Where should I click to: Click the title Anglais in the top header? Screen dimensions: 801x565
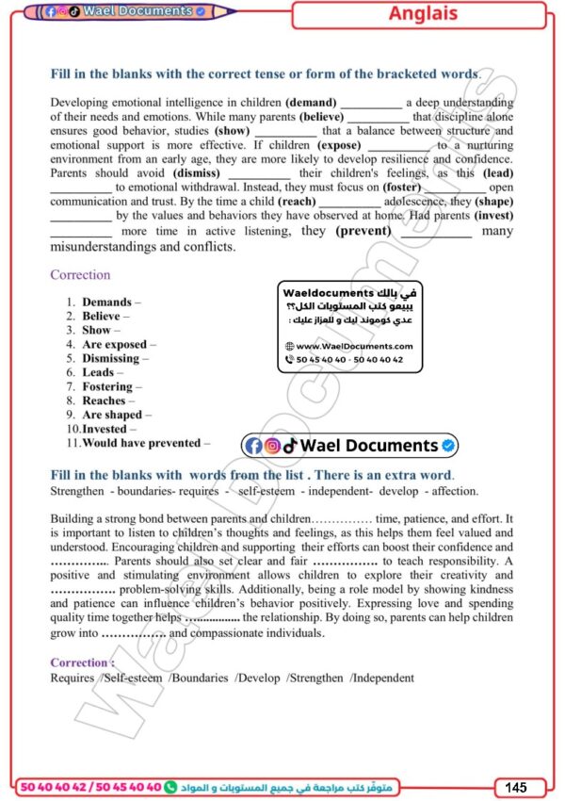click(423, 14)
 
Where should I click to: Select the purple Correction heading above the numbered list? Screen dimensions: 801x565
click(80, 275)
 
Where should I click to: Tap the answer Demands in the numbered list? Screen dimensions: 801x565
click(106, 302)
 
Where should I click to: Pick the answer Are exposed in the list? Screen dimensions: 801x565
click(114, 345)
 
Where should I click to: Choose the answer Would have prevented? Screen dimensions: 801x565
click(141, 443)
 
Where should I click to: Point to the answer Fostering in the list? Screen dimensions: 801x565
click(107, 386)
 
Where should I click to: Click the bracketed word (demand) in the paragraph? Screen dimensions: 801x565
click(311, 103)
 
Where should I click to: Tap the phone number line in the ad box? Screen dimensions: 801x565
click(348, 360)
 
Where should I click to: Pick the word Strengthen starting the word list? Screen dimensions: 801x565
click(77, 491)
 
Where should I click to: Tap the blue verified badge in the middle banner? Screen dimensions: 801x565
click(449, 446)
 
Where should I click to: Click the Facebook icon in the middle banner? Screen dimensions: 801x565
click(253, 446)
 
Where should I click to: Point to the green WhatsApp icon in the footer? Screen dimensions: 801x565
click(170, 786)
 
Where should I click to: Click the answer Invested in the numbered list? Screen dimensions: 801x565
click(105, 429)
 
